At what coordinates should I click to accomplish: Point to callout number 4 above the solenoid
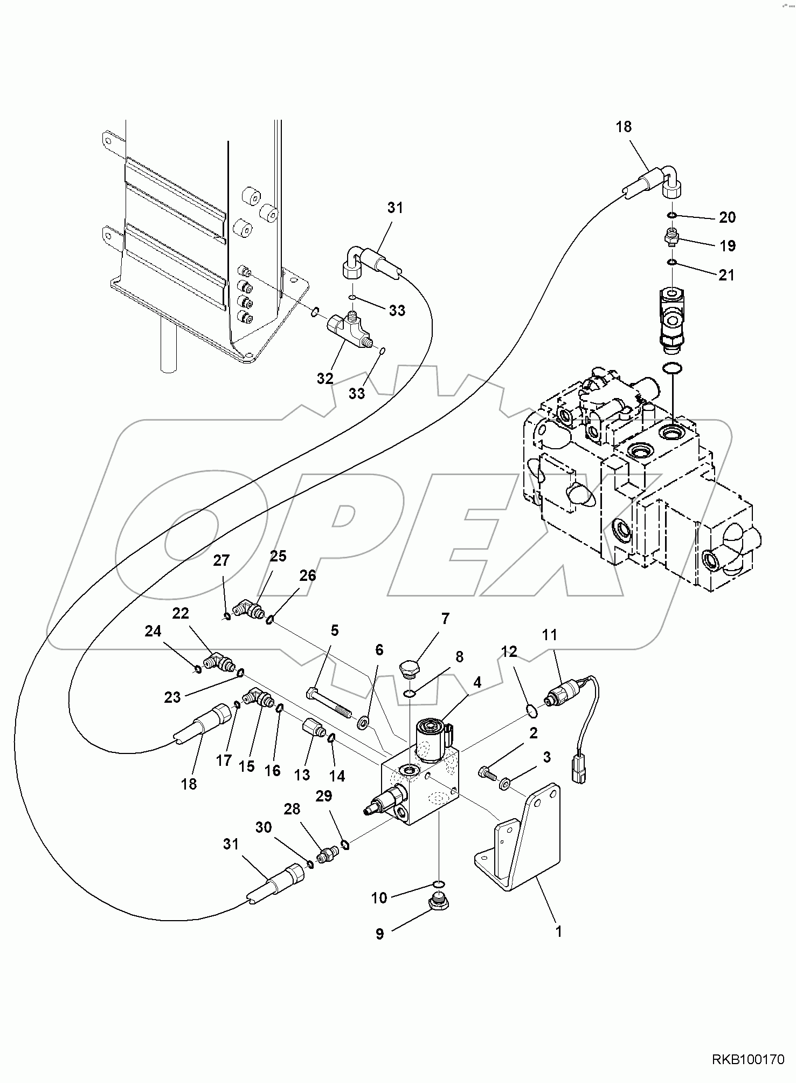click(477, 682)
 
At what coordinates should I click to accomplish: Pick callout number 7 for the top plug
click(445, 619)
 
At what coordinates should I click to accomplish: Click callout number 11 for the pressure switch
click(549, 635)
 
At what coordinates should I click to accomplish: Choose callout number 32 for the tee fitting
click(325, 379)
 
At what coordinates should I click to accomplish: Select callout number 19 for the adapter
click(727, 246)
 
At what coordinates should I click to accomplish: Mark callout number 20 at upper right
click(727, 217)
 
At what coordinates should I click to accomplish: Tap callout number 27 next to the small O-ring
click(221, 560)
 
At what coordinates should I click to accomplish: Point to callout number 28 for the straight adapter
click(292, 809)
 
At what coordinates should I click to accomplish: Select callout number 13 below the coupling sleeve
click(302, 774)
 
